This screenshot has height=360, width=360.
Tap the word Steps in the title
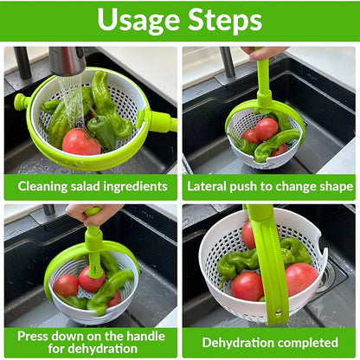pyautogui.click(x=227, y=21)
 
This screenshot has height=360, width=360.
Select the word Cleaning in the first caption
pyautogui.click(x=45, y=186)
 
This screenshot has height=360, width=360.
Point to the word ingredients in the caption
pyautogui.click(x=140, y=186)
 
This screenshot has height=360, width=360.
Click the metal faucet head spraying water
pyautogui.click(x=67, y=61)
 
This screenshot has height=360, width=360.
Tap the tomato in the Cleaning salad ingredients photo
pyautogui.click(x=80, y=142)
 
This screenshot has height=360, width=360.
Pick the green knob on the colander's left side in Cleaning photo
pyautogui.click(x=22, y=102)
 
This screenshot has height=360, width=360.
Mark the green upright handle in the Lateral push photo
pyautogui.click(x=264, y=82)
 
